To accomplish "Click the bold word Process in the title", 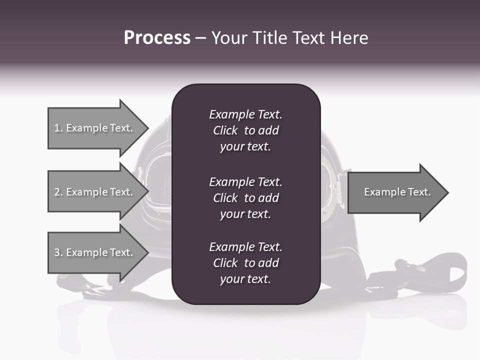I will (157, 38).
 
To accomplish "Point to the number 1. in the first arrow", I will (58, 128).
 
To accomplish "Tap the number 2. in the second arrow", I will (58, 192).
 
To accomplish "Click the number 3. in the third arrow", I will (58, 252).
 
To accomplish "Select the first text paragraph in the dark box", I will (245, 130).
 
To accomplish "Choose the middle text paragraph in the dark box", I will (245, 198).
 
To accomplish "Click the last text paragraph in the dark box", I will (245, 263).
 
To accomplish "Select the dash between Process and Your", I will (200, 38).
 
